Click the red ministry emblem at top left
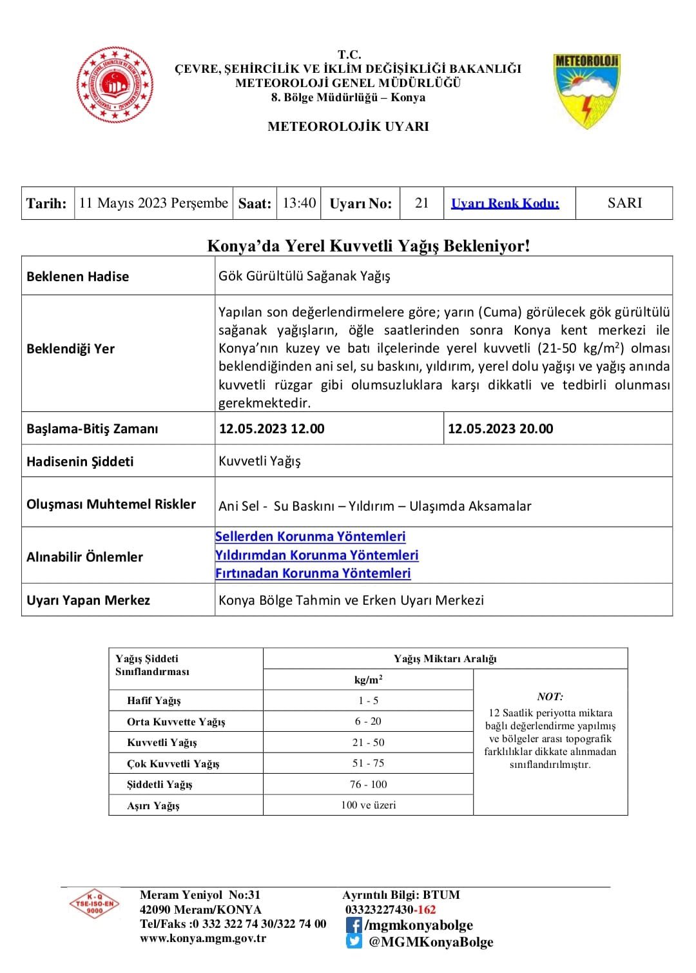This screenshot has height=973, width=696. (x=115, y=84)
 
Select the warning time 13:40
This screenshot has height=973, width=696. (x=299, y=203)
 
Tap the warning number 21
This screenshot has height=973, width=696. (x=421, y=203)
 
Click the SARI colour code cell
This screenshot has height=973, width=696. (x=624, y=203)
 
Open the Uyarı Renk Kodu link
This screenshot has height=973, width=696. (x=505, y=204)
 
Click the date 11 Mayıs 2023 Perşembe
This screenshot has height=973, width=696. (x=153, y=203)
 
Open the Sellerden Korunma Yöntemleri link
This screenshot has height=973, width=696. (x=310, y=536)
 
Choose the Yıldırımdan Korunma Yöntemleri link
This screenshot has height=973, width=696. (x=316, y=555)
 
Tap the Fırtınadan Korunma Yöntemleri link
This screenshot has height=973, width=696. (x=313, y=573)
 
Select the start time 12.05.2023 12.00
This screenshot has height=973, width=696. (x=272, y=429)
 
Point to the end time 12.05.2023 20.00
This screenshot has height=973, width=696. (x=500, y=429)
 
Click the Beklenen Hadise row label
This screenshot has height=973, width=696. (x=78, y=277)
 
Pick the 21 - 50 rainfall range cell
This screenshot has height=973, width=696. (x=368, y=742)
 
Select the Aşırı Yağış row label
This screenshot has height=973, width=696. (x=153, y=805)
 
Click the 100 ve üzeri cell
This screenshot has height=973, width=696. (x=368, y=805)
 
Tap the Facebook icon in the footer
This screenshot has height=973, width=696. (x=353, y=925)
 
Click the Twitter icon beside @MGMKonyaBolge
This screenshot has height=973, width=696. (x=354, y=941)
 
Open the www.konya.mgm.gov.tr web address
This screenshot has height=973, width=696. (x=203, y=938)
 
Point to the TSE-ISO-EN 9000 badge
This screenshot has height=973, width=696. (x=95, y=904)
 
